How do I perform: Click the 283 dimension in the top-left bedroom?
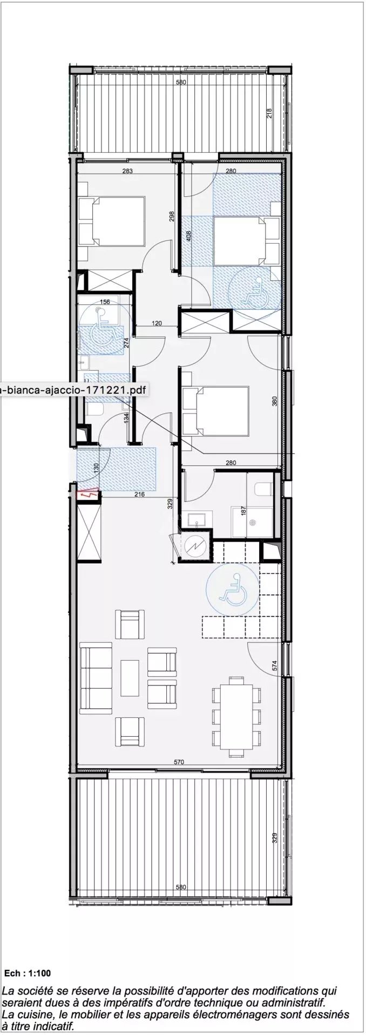click(x=127, y=171)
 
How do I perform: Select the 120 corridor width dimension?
click(x=157, y=324)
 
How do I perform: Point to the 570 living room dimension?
click(x=179, y=762)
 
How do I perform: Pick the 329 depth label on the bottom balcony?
click(x=275, y=838)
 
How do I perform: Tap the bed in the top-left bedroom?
click(x=112, y=221)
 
